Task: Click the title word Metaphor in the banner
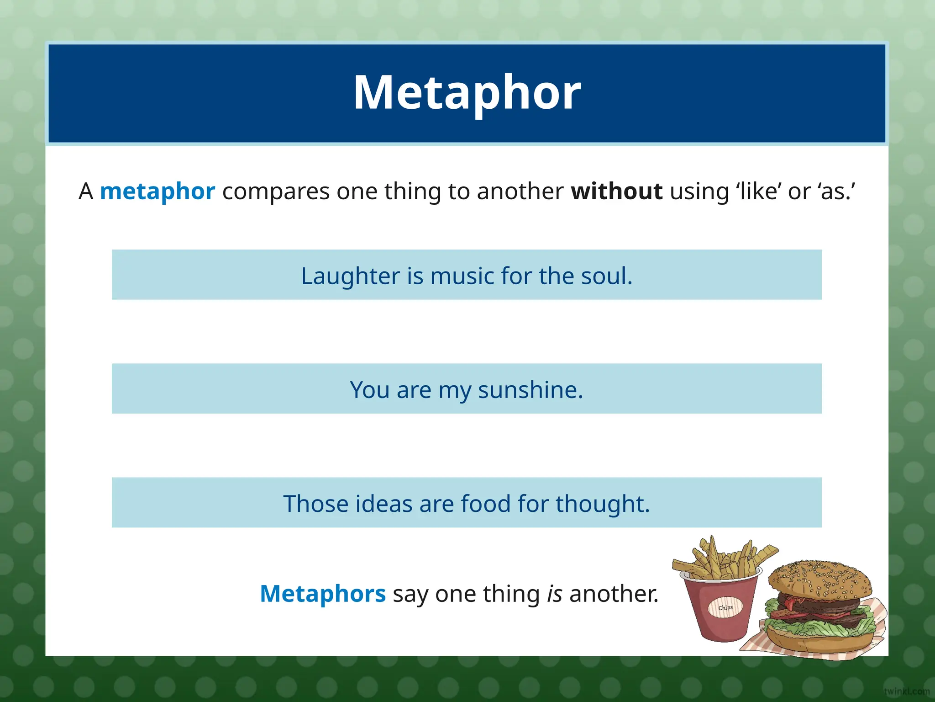click(x=467, y=93)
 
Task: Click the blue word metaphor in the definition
click(x=157, y=191)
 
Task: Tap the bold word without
click(x=616, y=191)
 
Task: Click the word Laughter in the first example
click(x=350, y=276)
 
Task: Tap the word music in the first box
click(x=462, y=276)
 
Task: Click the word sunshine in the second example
click(x=530, y=390)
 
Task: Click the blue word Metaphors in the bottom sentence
click(x=323, y=594)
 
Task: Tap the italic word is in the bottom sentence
click(x=554, y=594)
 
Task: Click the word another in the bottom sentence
click(x=614, y=594)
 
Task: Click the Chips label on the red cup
click(x=725, y=608)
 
